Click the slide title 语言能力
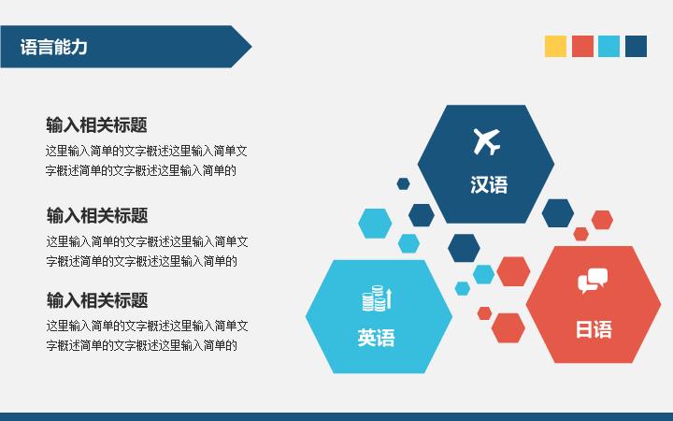coord(53,47)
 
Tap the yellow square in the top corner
coord(555,47)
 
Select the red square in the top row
coord(582,47)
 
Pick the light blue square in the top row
coord(609,47)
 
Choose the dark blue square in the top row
coord(637,47)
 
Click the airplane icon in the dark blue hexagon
coord(487,141)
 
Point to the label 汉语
coord(489,184)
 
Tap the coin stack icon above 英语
coord(377,298)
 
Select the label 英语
coord(377,338)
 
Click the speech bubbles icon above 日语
coord(593,281)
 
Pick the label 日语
coord(594,329)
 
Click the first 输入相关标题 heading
coord(96,125)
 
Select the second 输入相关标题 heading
coord(97,216)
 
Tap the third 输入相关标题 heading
coord(97,300)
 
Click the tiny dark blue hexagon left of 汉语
coord(403,184)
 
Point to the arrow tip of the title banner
coord(251,47)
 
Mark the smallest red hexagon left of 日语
coord(484,313)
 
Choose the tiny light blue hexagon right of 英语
coord(463,288)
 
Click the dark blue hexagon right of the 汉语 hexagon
coord(557,213)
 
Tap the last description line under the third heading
coord(142,345)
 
